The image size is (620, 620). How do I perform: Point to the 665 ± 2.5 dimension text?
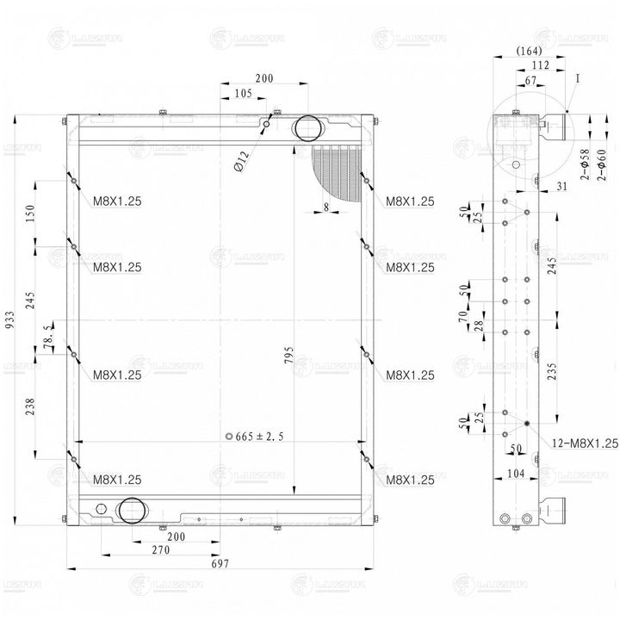point(258,436)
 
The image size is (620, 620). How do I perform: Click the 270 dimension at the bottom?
point(160,549)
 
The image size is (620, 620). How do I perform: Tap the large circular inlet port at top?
point(307,129)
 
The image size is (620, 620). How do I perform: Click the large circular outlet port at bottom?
point(131,510)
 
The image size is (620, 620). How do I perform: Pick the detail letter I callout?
point(579,77)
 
